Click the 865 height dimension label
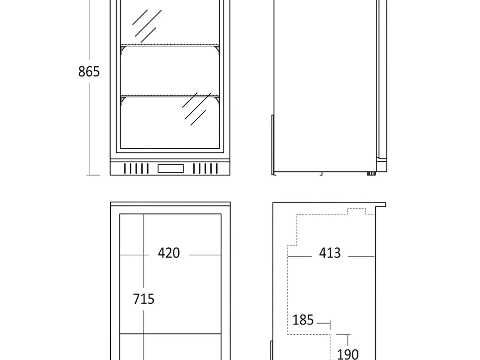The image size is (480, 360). coord(89,72)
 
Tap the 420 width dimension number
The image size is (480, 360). coord(169,253)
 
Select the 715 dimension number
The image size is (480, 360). coord(144,299)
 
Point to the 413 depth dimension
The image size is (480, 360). coord(330,253)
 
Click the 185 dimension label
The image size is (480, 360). coord(303,320)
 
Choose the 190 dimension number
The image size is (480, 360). coord(348,354)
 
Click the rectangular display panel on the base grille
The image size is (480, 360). coord(171,168)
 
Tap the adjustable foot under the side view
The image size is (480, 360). coord(371,174)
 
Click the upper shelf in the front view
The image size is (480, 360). coord(170,45)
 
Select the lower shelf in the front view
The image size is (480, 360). coord(170,96)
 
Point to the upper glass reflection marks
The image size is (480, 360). coord(147,26)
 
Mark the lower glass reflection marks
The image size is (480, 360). coord(196,109)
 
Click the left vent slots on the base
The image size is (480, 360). coord(136,168)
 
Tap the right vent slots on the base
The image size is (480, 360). coord(205,168)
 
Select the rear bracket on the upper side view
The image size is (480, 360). coord(273,145)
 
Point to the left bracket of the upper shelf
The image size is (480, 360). coord(123,50)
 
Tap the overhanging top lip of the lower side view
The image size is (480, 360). coord(381,205)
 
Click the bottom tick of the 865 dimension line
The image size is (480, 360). coord(93,175)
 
